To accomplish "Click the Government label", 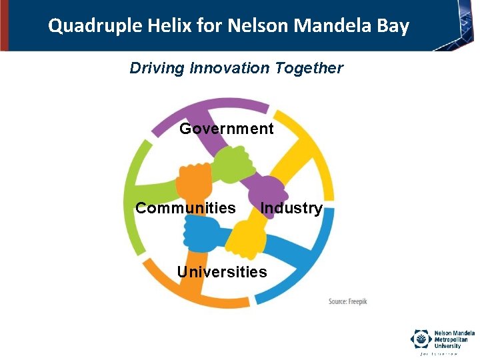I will pyautogui.click(x=227, y=129).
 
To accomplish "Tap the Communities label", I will pyautogui.click(x=185, y=208).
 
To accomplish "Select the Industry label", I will pyautogui.click(x=291, y=208).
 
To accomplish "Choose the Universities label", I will pyautogui.click(x=222, y=272).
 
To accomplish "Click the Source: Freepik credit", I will pyautogui.click(x=348, y=302).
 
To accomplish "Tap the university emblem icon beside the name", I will pyautogui.click(x=421, y=339).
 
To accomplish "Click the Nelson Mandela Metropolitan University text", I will pyautogui.click(x=454, y=339).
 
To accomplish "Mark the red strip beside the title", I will pyautogui.click(x=4, y=25).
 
